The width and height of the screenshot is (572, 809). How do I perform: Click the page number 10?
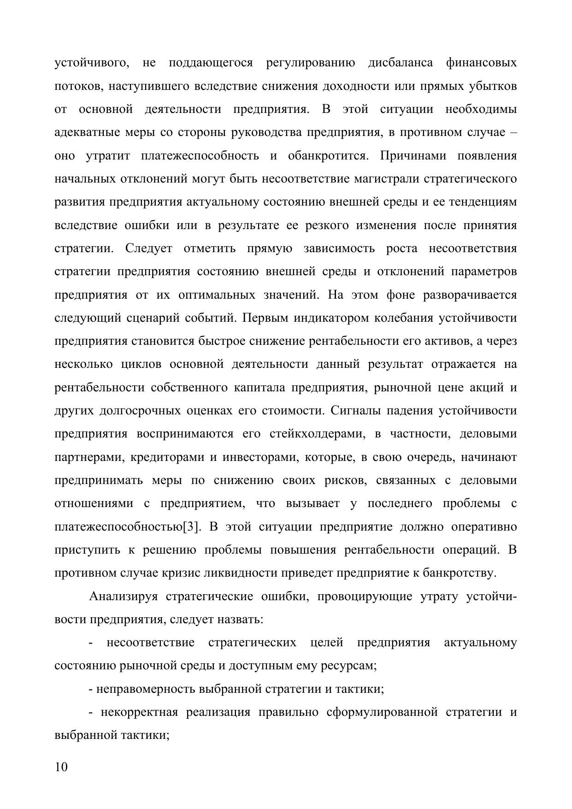[61, 767]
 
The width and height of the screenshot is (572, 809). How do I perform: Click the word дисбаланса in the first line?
[400, 63]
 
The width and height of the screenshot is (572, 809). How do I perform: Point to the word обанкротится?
[328, 156]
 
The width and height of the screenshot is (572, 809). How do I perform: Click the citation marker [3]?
[192, 527]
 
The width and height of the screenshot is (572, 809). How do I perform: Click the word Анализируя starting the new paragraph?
[123, 596]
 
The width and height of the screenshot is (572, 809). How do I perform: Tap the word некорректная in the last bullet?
[139, 712]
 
